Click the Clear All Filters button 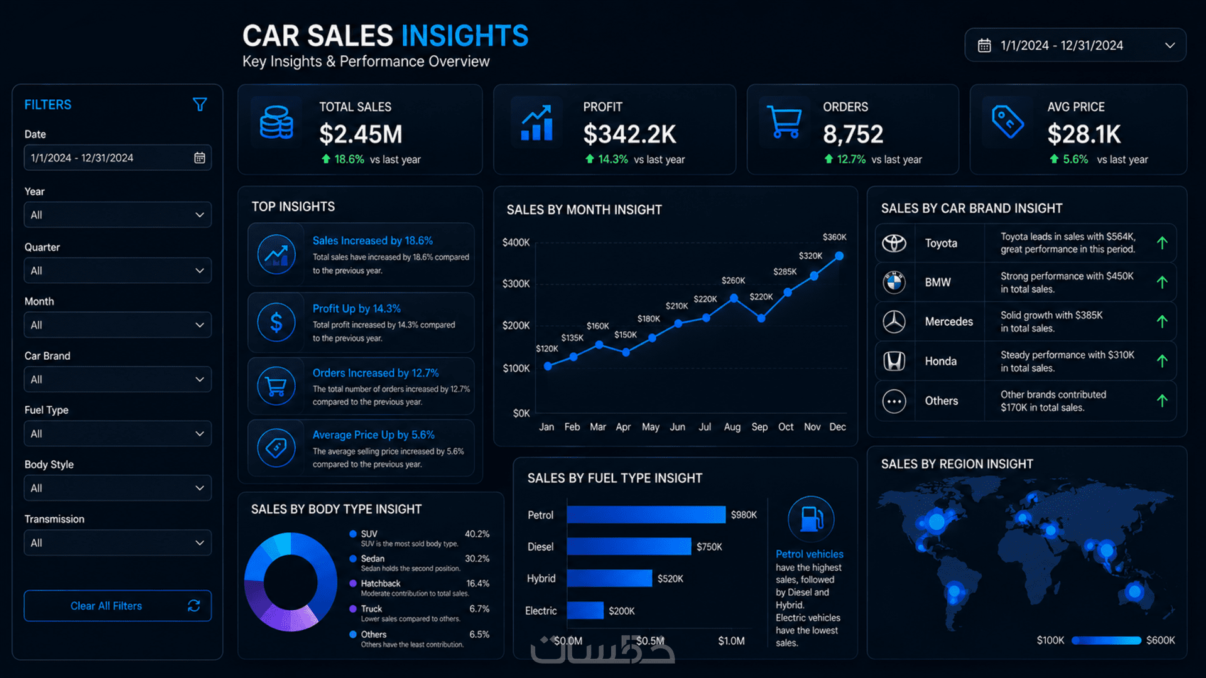(x=117, y=606)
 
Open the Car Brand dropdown (x=117, y=379)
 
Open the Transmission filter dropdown (x=117, y=542)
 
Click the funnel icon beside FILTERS (x=200, y=104)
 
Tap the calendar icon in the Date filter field (x=200, y=158)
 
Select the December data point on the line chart (x=839, y=256)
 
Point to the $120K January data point (x=548, y=366)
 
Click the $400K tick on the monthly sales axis (x=516, y=242)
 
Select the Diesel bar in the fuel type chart (x=629, y=547)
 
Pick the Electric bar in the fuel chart (x=585, y=610)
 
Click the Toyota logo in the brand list (x=894, y=243)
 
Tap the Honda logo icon (x=894, y=361)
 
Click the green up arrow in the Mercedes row (x=1162, y=321)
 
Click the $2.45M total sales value (x=361, y=134)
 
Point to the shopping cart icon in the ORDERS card (x=785, y=122)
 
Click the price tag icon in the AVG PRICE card (x=1008, y=121)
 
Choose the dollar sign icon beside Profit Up (x=276, y=322)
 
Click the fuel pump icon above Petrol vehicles (x=811, y=519)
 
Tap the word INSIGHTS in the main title (x=465, y=36)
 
